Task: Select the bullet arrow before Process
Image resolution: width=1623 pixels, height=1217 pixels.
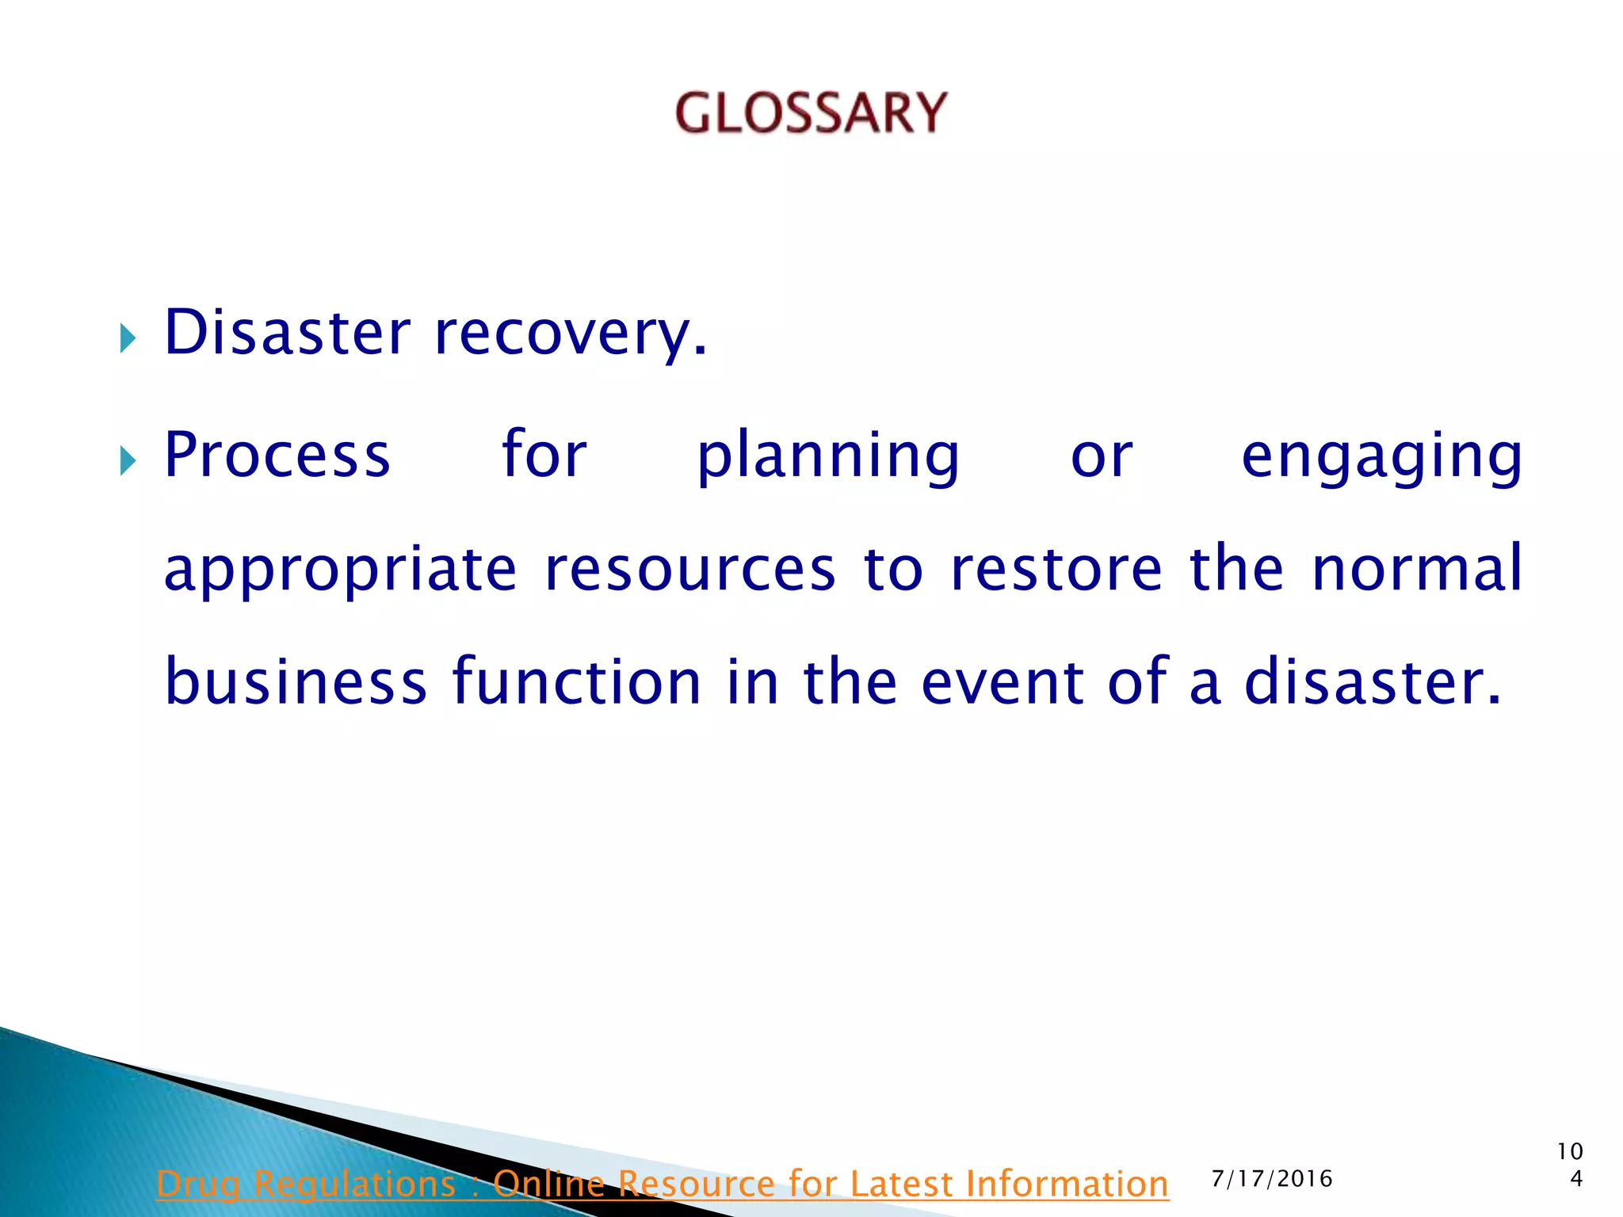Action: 128,460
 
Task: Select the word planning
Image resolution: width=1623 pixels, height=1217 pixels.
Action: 828,457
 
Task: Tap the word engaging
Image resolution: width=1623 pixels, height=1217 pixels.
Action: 1381,457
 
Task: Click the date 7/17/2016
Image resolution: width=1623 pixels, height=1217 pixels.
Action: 1272,1179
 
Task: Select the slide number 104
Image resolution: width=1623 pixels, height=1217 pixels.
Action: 1570,1165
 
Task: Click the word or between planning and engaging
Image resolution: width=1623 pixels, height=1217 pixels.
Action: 1102,457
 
